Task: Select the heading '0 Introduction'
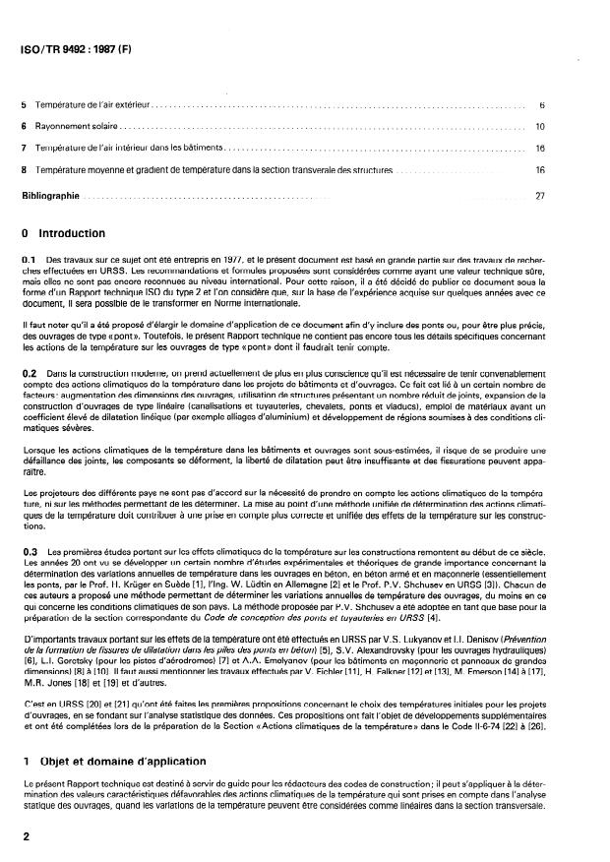69,234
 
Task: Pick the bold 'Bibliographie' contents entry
50,195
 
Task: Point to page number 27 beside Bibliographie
540,195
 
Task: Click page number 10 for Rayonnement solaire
540,126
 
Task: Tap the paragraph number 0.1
29,258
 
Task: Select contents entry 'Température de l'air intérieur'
128,148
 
